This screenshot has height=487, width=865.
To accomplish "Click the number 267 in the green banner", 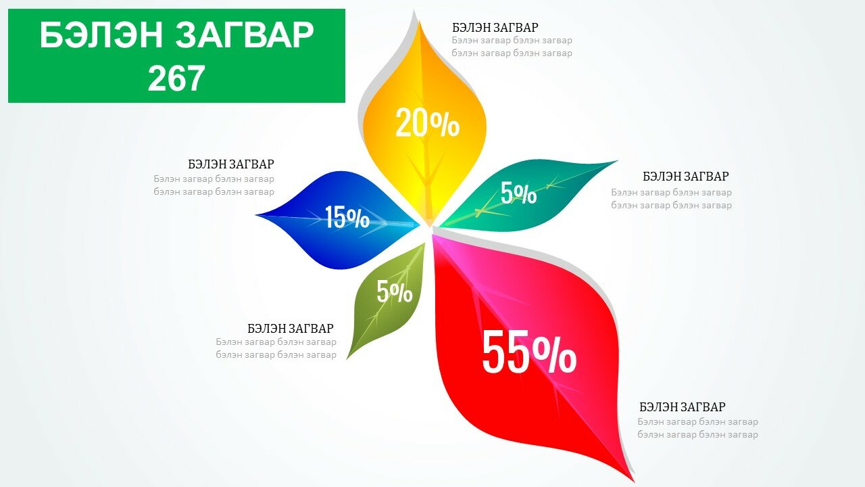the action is coord(176,78).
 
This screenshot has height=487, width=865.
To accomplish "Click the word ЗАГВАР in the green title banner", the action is coord(245,34).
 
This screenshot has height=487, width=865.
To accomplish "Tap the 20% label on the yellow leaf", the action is coord(428,123).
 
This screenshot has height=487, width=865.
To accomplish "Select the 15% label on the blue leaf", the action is coord(347,217).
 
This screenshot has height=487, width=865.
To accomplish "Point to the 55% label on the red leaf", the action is coord(529,352).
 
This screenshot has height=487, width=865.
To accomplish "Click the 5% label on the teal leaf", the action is coord(518,193).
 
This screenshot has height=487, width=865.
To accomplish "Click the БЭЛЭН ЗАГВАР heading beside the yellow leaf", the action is coord(495,28).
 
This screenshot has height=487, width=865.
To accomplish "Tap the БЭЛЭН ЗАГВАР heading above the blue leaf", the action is coord(231,164).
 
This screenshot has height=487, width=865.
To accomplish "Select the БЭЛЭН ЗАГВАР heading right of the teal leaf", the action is coord(686,177).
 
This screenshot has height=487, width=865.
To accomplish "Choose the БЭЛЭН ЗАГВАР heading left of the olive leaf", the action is coord(291,329).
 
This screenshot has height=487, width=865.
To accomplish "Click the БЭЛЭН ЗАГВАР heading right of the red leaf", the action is coord(683,407).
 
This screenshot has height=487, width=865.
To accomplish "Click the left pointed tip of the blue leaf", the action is coord(256,215).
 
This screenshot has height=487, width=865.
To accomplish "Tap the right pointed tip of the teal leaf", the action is coord(617,161).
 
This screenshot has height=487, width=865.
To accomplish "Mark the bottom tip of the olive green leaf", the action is coord(347,358).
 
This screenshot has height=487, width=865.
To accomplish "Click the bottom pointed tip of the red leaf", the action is coord(633,481).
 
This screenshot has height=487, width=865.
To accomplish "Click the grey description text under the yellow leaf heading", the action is coord(512,47).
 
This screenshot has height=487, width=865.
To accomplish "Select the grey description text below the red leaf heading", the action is coord(698,428).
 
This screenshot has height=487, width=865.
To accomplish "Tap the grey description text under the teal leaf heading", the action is coord(671,199).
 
